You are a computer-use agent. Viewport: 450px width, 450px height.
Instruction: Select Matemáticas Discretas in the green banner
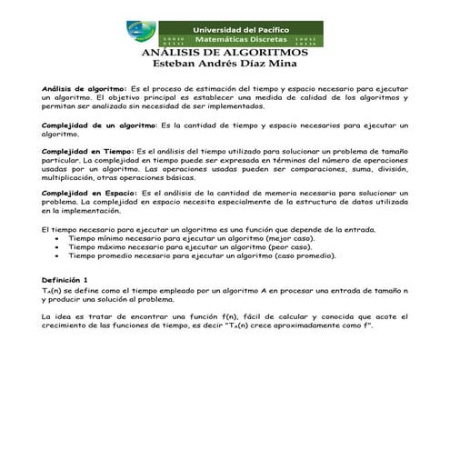(x=240, y=41)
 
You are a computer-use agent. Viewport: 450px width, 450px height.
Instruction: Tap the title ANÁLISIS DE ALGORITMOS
(x=225, y=54)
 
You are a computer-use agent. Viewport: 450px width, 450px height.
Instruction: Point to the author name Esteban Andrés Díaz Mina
(x=225, y=65)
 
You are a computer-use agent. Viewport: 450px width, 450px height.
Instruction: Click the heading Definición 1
(x=65, y=278)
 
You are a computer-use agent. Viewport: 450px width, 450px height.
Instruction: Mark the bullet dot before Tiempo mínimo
(x=57, y=239)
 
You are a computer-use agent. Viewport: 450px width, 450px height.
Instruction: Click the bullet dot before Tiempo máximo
(x=57, y=247)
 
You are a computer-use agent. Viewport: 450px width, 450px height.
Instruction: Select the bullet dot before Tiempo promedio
(x=57, y=255)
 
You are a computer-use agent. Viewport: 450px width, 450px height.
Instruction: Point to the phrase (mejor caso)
(x=285, y=239)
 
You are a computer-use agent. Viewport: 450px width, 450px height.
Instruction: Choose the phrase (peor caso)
(x=285, y=247)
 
